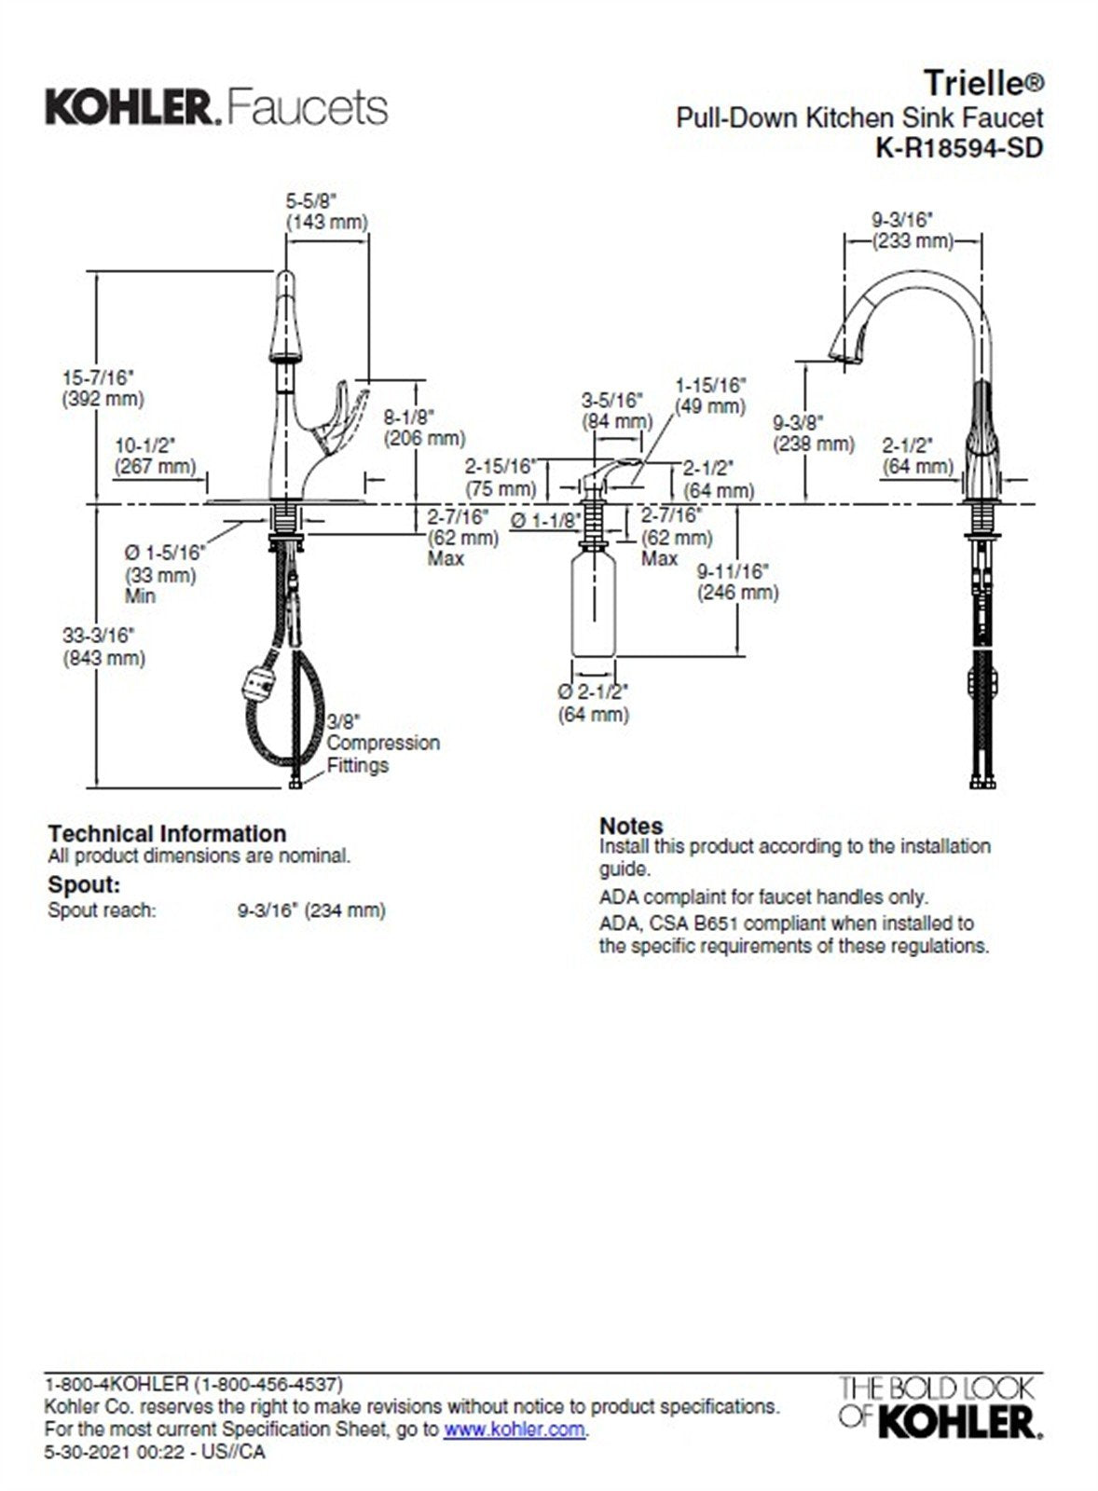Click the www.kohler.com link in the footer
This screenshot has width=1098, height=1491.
pyautogui.click(x=514, y=1429)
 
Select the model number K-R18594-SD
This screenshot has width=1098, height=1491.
pyautogui.click(x=958, y=147)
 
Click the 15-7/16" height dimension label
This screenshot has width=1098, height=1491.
pyautogui.click(x=103, y=388)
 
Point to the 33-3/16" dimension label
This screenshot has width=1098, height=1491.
pyautogui.click(x=103, y=647)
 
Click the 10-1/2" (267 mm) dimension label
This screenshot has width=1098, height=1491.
pyautogui.click(x=155, y=455)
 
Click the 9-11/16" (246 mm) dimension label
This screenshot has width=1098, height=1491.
pyautogui.click(x=737, y=581)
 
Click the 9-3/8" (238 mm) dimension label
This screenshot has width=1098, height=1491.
pyautogui.click(x=813, y=432)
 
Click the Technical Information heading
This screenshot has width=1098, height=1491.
pyautogui.click(x=167, y=833)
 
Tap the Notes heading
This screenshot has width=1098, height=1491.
pyautogui.click(x=631, y=826)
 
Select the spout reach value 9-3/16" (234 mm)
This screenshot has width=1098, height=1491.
pyautogui.click(x=311, y=910)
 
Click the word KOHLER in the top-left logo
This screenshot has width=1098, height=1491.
pyautogui.click(x=129, y=108)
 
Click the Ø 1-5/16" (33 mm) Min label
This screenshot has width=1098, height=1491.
pyautogui.click(x=163, y=574)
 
